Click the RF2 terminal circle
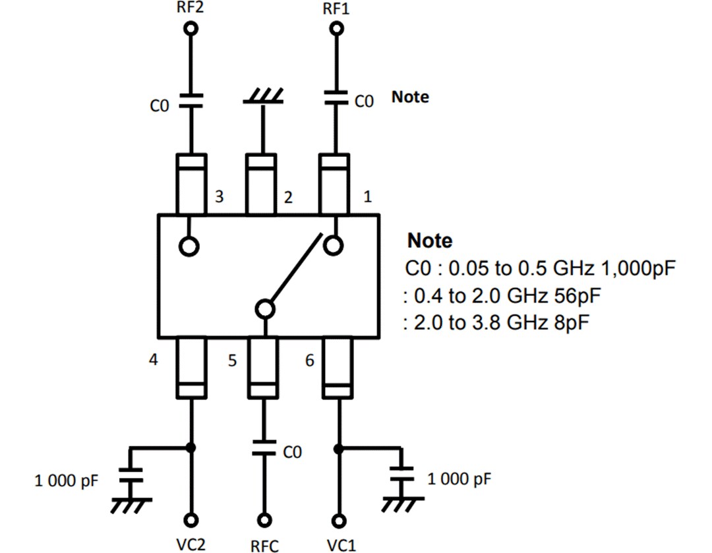click(x=191, y=29)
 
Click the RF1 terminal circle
click(x=338, y=29)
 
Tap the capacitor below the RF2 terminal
click(x=191, y=100)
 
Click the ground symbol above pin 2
click(x=264, y=98)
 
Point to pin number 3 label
click(x=219, y=196)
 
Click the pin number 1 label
click(x=368, y=196)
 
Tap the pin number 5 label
click(x=233, y=361)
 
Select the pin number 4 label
click(x=153, y=361)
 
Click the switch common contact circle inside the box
click(x=264, y=308)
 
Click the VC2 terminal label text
click(x=191, y=544)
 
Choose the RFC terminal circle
click(x=264, y=519)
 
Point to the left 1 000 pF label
click(x=66, y=481)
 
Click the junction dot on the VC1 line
click(x=338, y=449)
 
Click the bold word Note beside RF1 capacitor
click(x=410, y=97)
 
